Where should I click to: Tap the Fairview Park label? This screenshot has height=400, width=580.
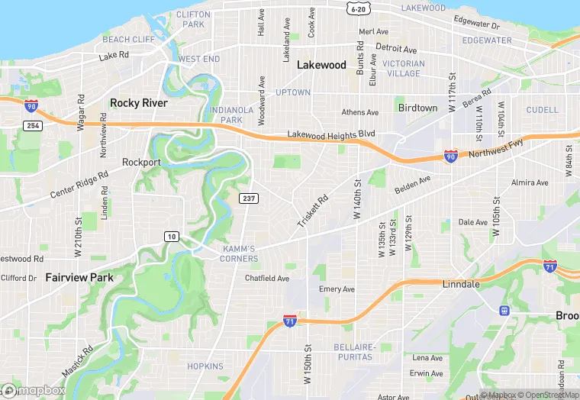click(x=79, y=277)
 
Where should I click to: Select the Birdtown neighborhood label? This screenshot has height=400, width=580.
click(x=417, y=108)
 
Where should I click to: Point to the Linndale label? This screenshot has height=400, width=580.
click(x=461, y=284)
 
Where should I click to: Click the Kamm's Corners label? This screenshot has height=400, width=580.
click(x=240, y=253)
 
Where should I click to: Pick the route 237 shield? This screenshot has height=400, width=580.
click(x=249, y=198)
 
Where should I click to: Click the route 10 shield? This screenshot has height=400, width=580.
click(x=172, y=237)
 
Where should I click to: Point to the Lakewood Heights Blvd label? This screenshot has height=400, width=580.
click(x=331, y=134)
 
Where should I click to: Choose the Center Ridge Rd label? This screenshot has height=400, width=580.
click(x=79, y=184)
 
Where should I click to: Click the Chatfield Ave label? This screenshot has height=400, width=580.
click(x=267, y=279)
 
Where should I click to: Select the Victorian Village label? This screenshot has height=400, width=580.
click(x=403, y=69)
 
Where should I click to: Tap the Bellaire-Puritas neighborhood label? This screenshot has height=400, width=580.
click(x=354, y=351)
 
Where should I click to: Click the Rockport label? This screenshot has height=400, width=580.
click(x=142, y=162)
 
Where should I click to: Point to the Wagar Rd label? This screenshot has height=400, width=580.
click(x=81, y=113)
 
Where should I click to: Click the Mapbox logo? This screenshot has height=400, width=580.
click(x=34, y=390)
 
